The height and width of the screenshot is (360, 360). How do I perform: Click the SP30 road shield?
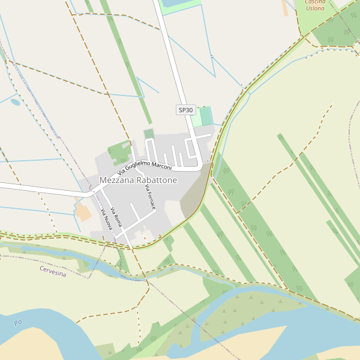[x=186, y=110]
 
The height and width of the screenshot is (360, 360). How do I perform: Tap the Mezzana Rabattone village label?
[x=139, y=180]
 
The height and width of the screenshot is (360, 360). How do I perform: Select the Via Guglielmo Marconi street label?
[x=145, y=164]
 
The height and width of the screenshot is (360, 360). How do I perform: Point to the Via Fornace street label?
[x=151, y=197]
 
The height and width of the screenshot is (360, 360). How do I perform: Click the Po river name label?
[x=18, y=323]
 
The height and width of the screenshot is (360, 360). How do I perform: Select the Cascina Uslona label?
[x=315, y=5]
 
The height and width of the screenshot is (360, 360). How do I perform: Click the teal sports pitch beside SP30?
[x=206, y=116]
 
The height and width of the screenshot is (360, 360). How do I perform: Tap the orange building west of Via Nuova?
[x=83, y=212]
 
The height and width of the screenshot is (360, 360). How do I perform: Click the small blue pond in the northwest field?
[x=16, y=102]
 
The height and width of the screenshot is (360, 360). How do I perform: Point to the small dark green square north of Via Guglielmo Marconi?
[x=149, y=133]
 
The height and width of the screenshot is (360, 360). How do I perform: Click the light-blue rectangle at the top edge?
[x=174, y=3]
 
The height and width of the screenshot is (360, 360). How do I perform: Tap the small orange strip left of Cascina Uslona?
[x=284, y=8]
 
